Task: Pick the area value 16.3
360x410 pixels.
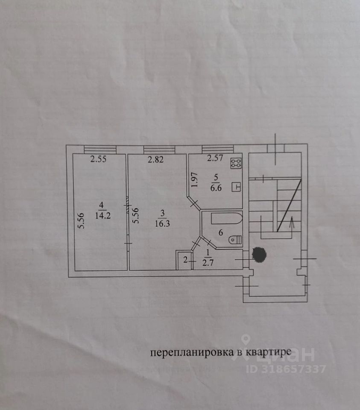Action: click(160, 222)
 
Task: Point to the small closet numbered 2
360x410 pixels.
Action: click(185, 259)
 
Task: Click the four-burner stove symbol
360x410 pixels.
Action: click(236, 163)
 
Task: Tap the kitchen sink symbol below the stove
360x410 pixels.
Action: click(237, 187)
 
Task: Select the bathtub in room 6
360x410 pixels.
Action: click(227, 220)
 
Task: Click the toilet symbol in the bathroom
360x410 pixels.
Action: click(235, 240)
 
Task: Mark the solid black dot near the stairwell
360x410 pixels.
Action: click(259, 255)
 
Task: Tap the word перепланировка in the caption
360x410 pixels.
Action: click(190, 353)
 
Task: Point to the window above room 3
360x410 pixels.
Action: click(159, 149)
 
